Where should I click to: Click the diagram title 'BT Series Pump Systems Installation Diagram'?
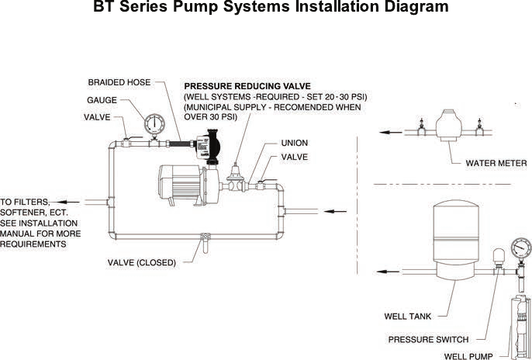[x=271, y=9]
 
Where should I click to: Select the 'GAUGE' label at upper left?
[x=102, y=100]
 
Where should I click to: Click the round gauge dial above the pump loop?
[x=155, y=123]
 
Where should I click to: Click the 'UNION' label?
[x=295, y=143]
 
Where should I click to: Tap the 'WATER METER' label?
[x=496, y=164]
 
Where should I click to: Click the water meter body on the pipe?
[x=448, y=125]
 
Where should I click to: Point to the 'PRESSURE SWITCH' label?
[x=428, y=339]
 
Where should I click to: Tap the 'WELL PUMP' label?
[x=468, y=356]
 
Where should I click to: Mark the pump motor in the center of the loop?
[x=183, y=183]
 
